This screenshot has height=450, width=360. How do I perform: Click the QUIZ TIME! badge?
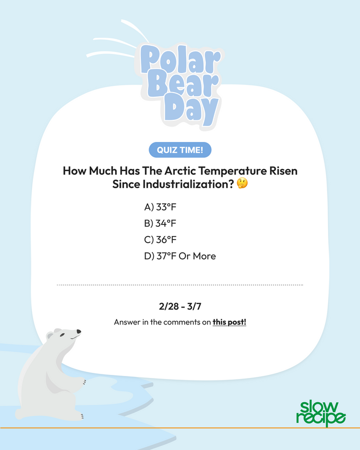coord(180,150)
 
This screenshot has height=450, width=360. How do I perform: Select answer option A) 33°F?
coord(160,207)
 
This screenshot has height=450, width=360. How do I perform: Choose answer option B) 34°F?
coord(160,223)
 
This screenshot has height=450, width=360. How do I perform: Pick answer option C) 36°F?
coord(160,240)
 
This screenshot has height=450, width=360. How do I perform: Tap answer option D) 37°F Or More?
coord(180,256)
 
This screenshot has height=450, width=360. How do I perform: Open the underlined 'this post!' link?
coord(229,323)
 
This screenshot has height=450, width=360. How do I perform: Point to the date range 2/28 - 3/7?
coord(180,307)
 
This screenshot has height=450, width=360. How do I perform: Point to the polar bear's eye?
coord(62,335)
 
